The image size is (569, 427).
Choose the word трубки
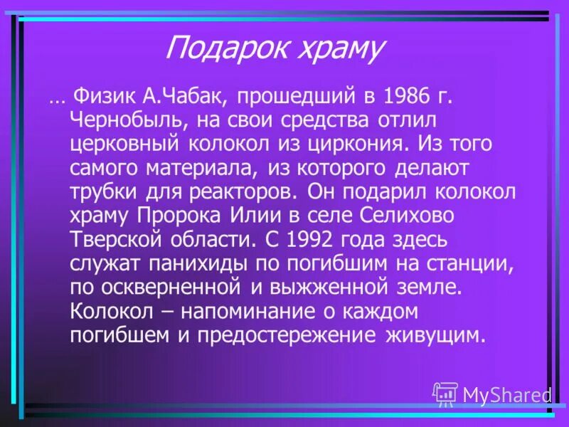pos(103,192)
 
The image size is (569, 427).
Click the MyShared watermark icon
pos(445,394)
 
